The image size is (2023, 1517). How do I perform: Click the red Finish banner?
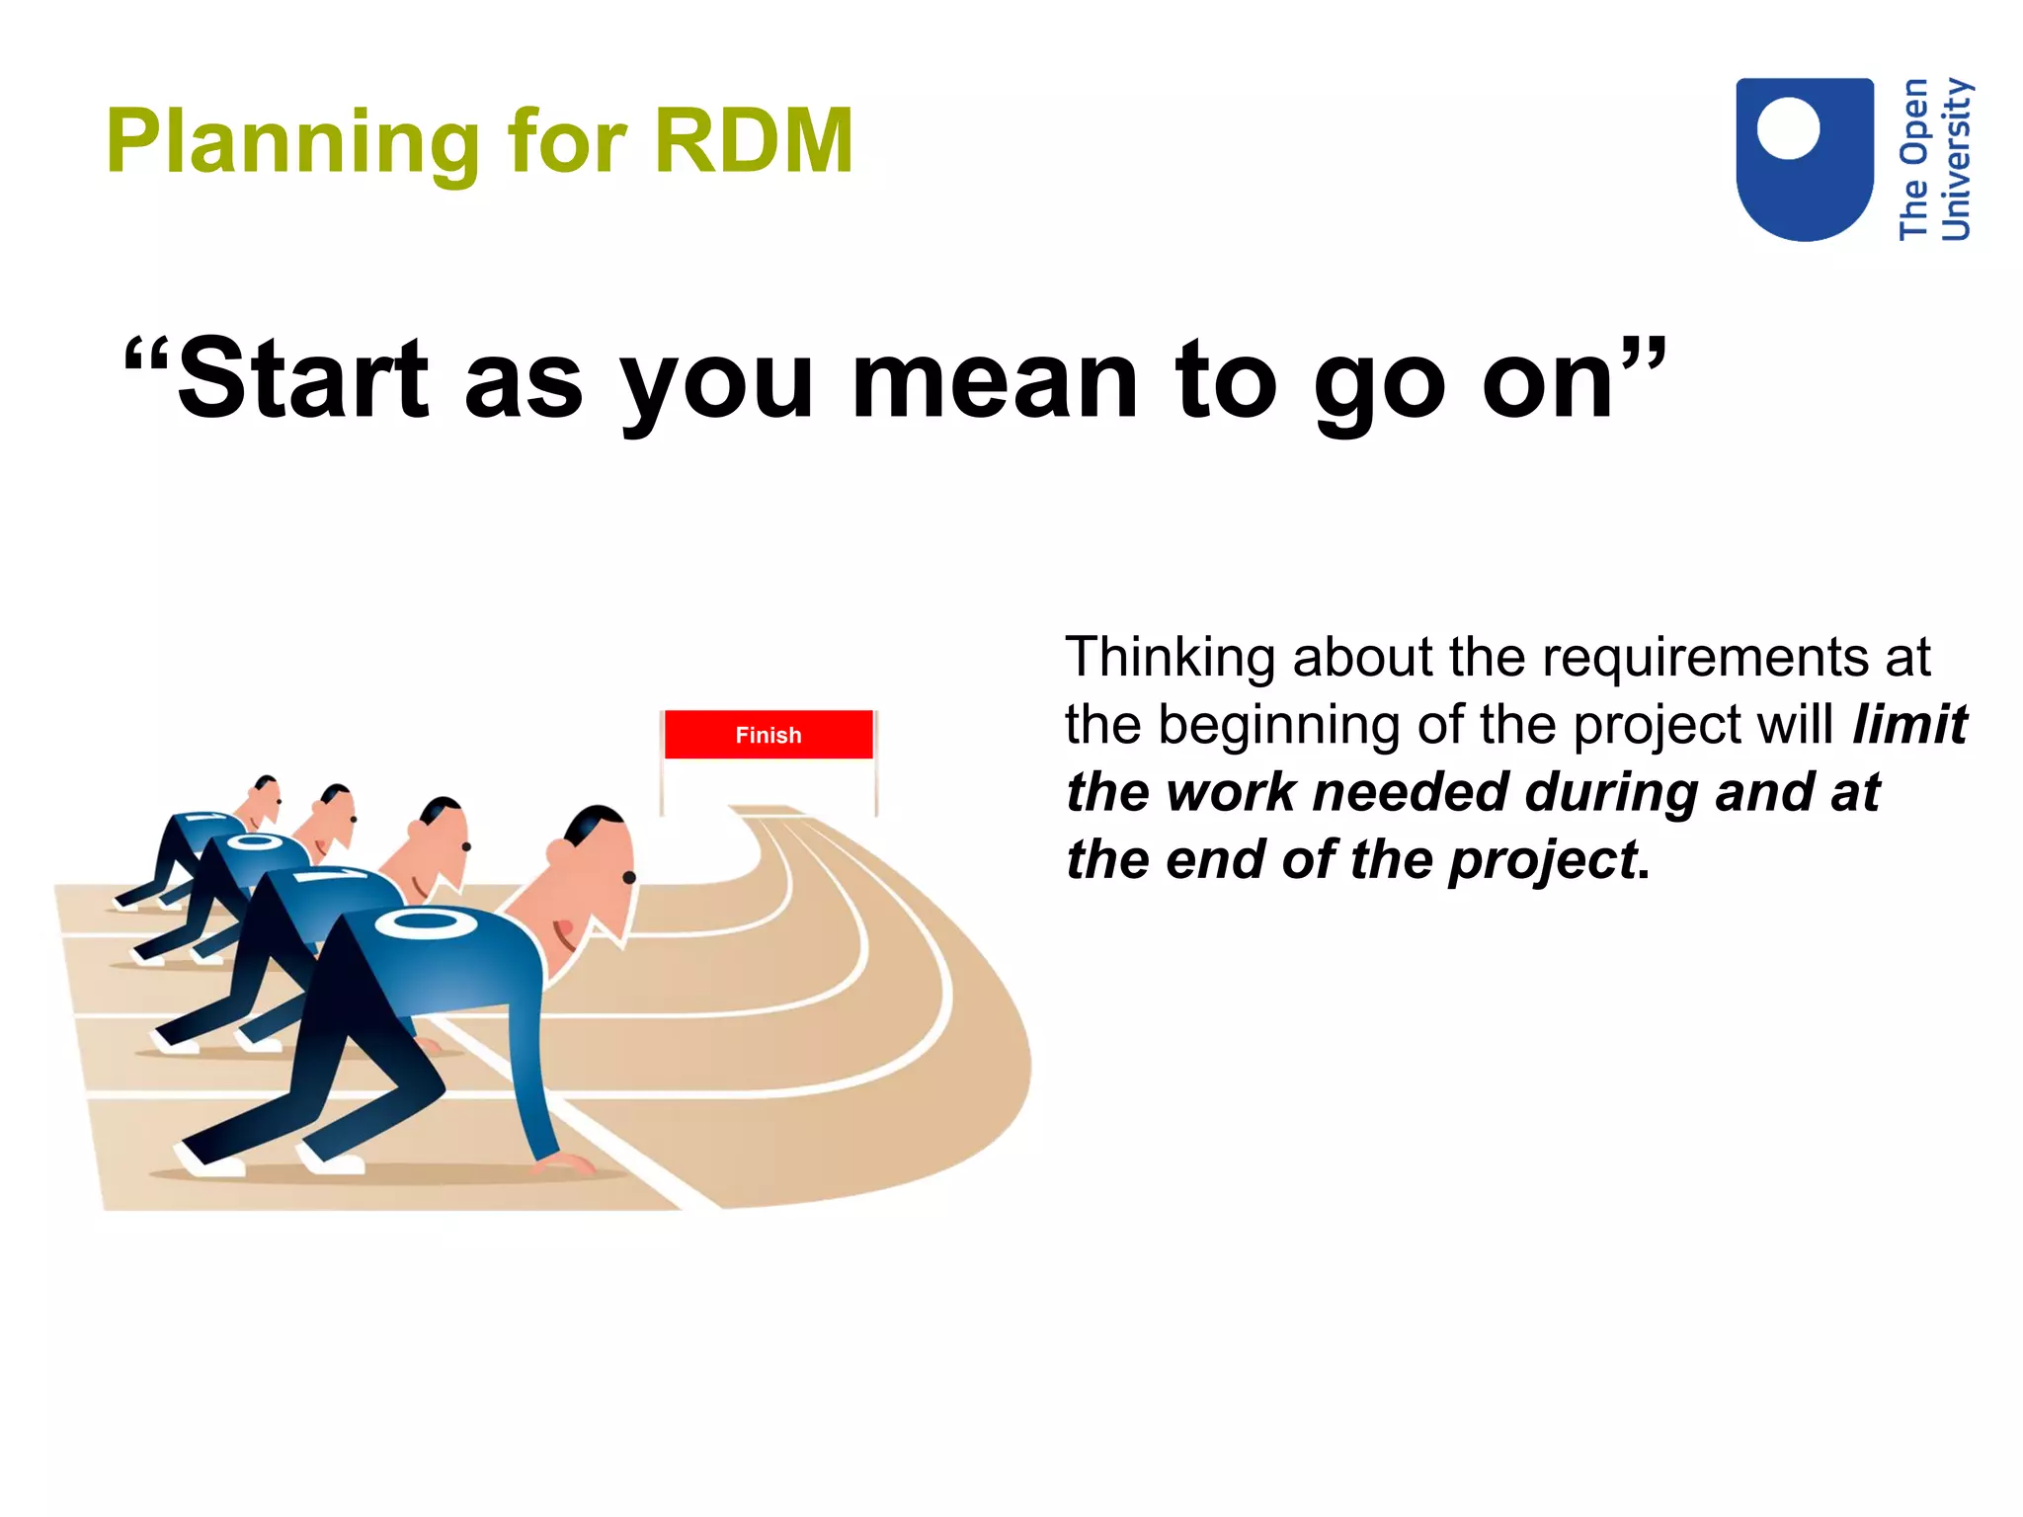pyautogui.click(x=769, y=734)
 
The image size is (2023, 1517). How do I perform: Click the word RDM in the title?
pyautogui.click(x=753, y=141)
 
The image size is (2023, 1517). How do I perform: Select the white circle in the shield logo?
pyautogui.click(x=1788, y=128)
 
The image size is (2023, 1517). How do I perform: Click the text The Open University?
pyautogui.click(x=1934, y=160)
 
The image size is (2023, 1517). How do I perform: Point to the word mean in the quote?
pyautogui.click(x=994, y=380)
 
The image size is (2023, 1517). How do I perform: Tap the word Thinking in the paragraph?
pyautogui.click(x=1170, y=658)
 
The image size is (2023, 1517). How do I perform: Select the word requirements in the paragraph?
pyautogui.click(x=1706, y=658)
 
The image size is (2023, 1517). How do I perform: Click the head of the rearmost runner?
pyautogui.click(x=264, y=798)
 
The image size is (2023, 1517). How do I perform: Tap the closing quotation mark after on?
pyautogui.click(x=1642, y=356)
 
